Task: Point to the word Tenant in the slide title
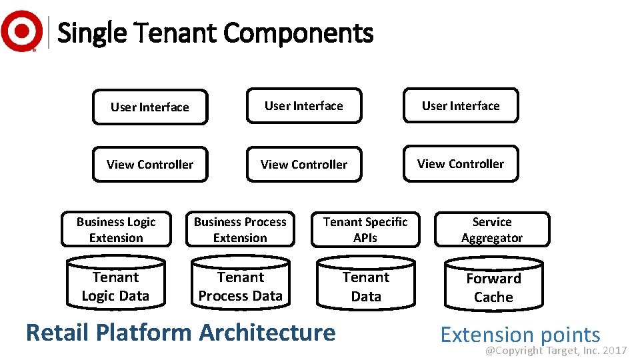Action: coord(175,33)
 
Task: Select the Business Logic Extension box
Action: coord(116,229)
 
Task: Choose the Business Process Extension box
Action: coord(240,229)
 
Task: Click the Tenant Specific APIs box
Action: coord(365,229)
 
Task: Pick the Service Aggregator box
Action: coord(492,229)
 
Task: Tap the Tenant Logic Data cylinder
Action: coord(115,285)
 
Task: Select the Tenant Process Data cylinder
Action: coord(241,285)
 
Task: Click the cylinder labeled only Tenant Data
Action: coord(366,286)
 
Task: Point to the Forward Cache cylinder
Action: coord(493,287)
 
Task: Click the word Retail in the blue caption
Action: coord(55,331)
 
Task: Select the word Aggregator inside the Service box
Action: coord(492,238)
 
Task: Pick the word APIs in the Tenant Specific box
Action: coord(365,238)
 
